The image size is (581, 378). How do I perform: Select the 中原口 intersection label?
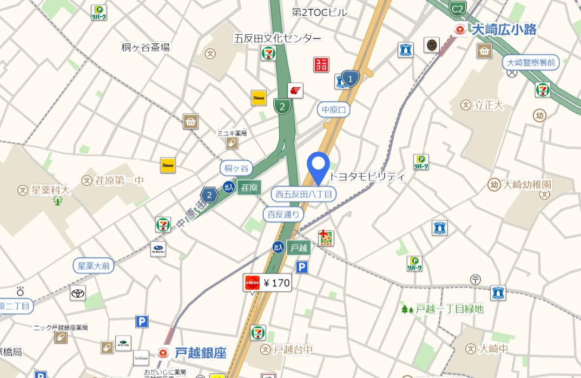[334, 110]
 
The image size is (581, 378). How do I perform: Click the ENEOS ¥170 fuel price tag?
[267, 283]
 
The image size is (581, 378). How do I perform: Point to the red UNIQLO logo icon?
[321, 65]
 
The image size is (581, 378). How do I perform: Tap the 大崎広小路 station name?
[504, 30]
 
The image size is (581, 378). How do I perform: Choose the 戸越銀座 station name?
[200, 353]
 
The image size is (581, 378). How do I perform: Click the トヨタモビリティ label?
[367, 177]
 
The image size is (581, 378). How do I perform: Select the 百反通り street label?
[283, 214]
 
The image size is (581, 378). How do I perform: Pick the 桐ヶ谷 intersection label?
[236, 168]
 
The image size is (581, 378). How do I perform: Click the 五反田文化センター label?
[277, 38]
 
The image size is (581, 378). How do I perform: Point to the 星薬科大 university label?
[50, 190]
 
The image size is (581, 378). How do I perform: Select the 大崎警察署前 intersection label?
[531, 63]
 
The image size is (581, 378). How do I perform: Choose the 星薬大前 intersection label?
[94, 266]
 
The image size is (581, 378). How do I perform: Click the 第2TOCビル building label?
[319, 12]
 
